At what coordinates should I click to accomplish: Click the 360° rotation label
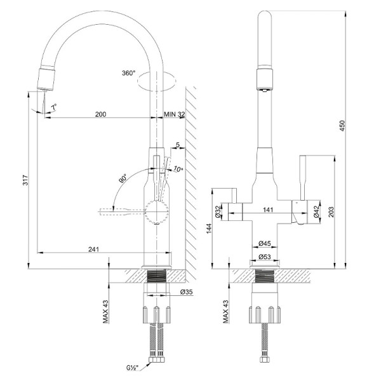(128, 74)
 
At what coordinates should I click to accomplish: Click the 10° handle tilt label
(178, 169)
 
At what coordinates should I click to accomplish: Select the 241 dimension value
(93, 250)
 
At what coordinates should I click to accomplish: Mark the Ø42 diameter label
(316, 214)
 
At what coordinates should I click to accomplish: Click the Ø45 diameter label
(265, 243)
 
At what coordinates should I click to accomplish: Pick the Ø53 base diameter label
(265, 257)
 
